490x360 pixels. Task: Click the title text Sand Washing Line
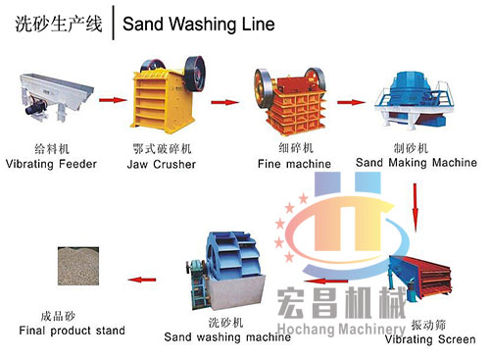(x=197, y=24)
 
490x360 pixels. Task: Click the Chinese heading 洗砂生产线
(x=58, y=24)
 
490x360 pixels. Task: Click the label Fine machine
(x=287, y=164)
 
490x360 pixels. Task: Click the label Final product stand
(x=72, y=331)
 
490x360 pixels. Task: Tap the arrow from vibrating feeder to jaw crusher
(x=114, y=99)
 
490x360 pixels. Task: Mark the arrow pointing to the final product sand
(x=146, y=279)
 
